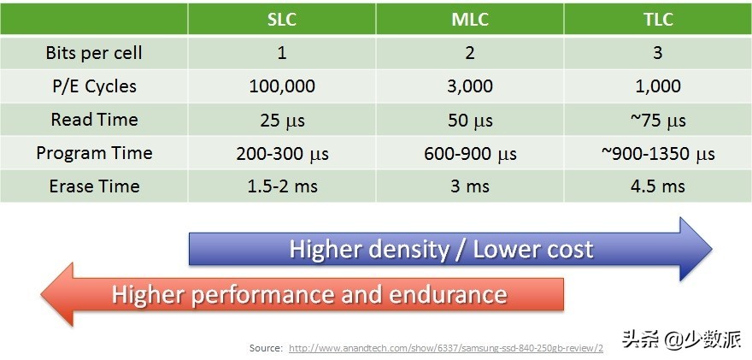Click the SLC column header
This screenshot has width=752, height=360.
(x=282, y=20)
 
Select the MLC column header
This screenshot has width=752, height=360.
(x=470, y=20)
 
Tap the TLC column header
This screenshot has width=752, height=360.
(x=658, y=20)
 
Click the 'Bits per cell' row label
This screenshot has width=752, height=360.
(x=94, y=53)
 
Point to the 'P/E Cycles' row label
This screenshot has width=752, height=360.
(x=94, y=86)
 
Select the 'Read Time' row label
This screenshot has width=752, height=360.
(x=94, y=120)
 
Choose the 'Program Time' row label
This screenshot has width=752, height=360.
(x=94, y=153)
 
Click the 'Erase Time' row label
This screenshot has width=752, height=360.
(x=94, y=186)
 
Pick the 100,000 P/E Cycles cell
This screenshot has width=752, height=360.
(x=282, y=86)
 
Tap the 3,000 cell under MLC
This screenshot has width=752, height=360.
(x=470, y=86)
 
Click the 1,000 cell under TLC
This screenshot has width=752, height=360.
(x=658, y=86)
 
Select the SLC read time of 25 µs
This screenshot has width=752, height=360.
(x=282, y=120)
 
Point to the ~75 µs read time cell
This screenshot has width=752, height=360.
(x=658, y=120)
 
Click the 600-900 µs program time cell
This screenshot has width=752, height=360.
(x=470, y=153)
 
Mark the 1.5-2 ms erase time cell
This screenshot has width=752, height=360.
(x=282, y=186)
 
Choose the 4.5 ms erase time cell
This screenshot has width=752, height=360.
(x=658, y=186)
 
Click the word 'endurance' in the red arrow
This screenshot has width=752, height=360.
(x=448, y=295)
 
